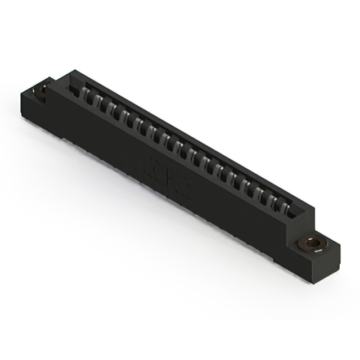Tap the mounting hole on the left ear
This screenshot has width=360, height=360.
click(x=41, y=90)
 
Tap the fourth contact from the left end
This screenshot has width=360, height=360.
click(x=125, y=116)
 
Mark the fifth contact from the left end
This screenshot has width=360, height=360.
click(x=138, y=123)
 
